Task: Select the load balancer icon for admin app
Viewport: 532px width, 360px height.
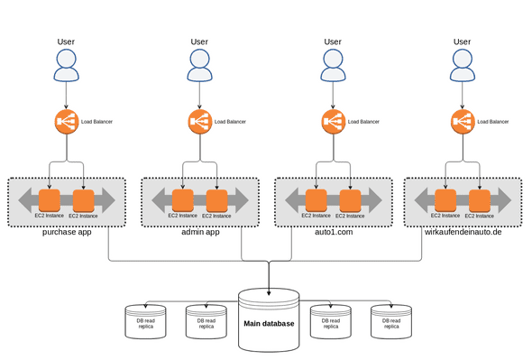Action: click(x=200, y=121)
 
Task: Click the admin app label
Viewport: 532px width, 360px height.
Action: click(x=199, y=233)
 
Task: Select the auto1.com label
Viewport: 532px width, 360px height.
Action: click(x=333, y=233)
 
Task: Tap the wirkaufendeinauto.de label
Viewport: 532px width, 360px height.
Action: click(x=462, y=233)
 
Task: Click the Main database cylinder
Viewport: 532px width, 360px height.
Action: click(x=269, y=319)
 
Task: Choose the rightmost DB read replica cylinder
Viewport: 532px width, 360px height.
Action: click(x=390, y=322)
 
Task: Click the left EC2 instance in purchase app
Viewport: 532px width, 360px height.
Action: click(x=50, y=200)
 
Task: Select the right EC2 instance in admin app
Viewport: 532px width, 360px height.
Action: click(x=216, y=200)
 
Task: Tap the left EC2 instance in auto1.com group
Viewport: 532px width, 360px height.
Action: click(x=316, y=200)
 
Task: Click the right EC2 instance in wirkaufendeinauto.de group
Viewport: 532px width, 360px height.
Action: click(x=479, y=200)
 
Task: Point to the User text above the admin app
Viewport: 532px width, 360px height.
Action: click(x=199, y=42)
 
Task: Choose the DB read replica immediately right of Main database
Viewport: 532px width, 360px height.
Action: click(x=329, y=322)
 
